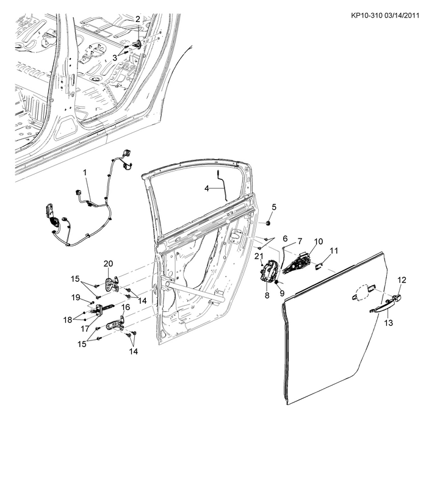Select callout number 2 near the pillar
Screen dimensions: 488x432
138,19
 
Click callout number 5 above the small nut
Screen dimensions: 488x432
274,206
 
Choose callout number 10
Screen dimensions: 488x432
318,242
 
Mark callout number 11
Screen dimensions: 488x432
334,251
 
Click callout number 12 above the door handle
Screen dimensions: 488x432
401,279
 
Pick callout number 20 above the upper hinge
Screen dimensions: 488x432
108,264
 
